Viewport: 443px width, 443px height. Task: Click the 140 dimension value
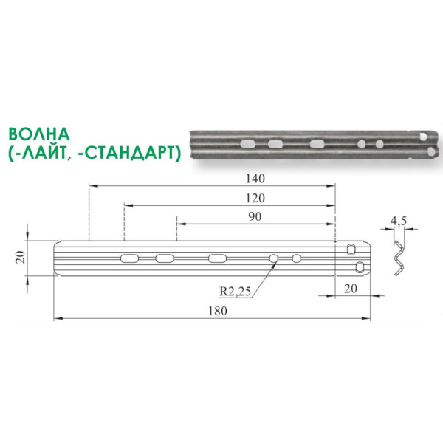click(255, 179)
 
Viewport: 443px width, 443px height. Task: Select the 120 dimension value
click(255, 199)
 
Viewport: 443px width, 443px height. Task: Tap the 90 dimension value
click(255, 216)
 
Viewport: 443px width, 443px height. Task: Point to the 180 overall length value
click(218, 311)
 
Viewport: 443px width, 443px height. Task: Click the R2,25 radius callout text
click(236, 292)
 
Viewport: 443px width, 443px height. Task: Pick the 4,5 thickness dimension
click(399, 221)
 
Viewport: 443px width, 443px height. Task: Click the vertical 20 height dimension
click(21, 258)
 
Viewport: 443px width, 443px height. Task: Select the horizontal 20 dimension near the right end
click(351, 289)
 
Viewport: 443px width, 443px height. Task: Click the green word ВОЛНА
click(39, 134)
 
